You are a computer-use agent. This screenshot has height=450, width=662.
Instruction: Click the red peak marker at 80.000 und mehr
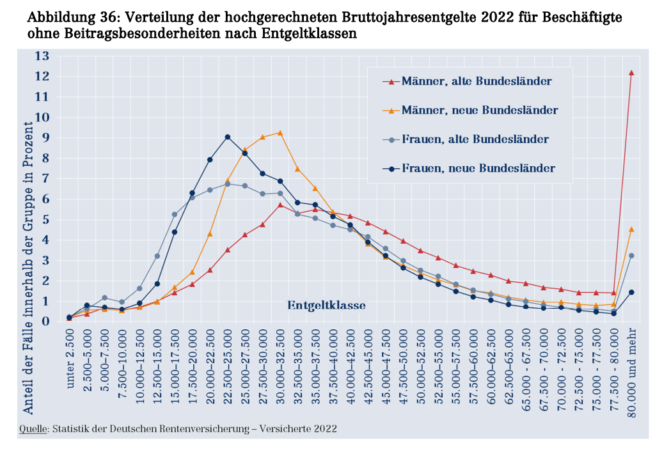click(631, 73)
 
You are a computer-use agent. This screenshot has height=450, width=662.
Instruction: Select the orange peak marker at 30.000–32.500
click(280, 133)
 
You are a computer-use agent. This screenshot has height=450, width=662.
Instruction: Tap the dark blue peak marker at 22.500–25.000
click(227, 137)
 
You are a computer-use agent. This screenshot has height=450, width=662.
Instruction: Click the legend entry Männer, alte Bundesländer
click(477, 81)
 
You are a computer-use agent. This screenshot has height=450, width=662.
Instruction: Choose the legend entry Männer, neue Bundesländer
click(480, 110)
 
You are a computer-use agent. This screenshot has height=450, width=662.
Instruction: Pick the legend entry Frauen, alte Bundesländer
click(475, 139)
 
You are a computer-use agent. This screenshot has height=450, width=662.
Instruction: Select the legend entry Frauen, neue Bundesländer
click(478, 168)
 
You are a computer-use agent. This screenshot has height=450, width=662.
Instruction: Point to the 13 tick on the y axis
click(42, 56)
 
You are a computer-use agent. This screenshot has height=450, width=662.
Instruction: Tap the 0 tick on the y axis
click(45, 321)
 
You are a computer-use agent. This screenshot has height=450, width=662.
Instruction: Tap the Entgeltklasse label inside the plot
click(326, 306)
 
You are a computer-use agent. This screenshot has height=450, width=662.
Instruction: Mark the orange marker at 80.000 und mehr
click(631, 229)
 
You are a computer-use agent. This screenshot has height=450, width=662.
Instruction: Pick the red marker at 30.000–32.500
click(280, 205)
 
